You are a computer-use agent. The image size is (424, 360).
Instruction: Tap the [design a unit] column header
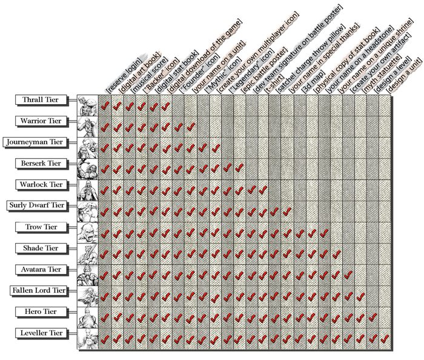coord(397,76)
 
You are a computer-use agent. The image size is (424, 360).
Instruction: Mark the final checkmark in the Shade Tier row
coord(337,254)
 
